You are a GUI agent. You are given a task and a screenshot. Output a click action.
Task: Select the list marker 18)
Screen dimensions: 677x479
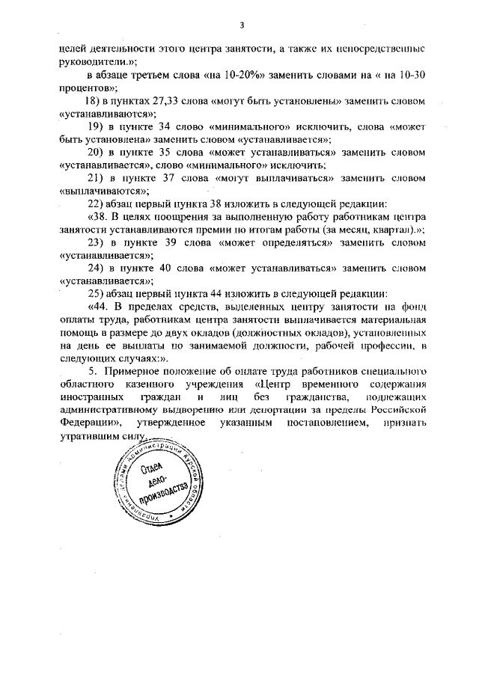tap(95, 100)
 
